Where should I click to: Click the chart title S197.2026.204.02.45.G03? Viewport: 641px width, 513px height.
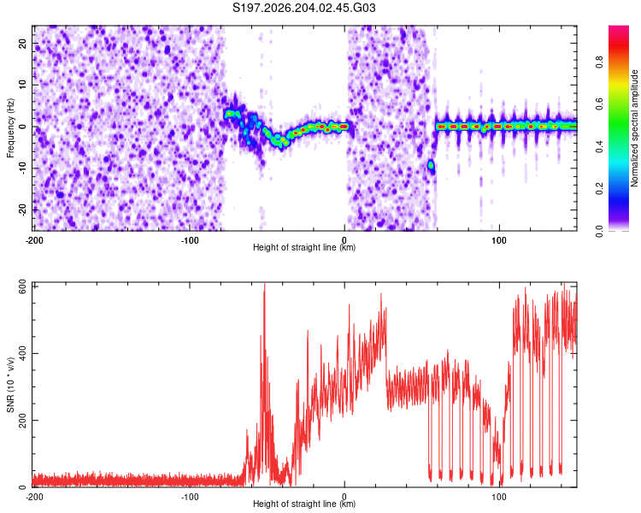[303, 8]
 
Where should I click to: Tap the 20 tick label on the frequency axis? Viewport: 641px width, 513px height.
[22, 44]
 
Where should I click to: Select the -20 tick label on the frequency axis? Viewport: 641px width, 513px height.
[22, 209]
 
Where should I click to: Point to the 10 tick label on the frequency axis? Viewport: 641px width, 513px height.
[22, 85]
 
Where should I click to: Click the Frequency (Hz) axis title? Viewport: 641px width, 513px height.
[10, 127]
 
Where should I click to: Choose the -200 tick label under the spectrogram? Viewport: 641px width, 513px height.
[34, 240]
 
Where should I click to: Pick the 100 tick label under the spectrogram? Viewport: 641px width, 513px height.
[499, 240]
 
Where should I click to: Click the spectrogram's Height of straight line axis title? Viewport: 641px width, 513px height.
[304, 247]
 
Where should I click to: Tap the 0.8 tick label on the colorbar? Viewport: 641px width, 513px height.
[599, 62]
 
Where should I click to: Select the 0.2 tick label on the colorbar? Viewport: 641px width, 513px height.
[599, 189]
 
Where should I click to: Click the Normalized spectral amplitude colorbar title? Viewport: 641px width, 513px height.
[634, 128]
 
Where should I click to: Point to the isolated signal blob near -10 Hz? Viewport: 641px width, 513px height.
[431, 166]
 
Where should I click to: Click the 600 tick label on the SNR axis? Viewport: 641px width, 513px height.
[22, 286]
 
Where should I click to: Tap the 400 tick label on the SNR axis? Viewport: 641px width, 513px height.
[22, 353]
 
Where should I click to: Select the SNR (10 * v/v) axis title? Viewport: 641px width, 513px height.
[10, 385]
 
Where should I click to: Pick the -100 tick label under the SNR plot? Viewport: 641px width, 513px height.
[190, 497]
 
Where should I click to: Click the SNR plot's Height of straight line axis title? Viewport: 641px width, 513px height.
[304, 504]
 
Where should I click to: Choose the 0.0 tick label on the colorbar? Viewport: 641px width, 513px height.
[599, 231]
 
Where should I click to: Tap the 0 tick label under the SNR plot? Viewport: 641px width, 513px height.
[344, 497]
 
